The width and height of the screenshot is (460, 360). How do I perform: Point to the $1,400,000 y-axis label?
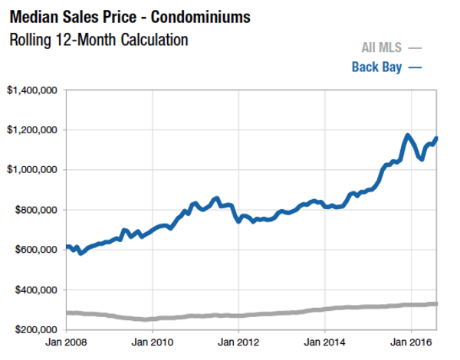coord(33,90)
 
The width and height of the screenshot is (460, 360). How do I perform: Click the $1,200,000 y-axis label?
coord(33,129)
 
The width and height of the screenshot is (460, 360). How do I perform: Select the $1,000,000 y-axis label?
coord(33,169)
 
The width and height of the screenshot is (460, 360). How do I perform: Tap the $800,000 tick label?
coord(36,209)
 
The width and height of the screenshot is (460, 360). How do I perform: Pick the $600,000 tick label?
coord(36,250)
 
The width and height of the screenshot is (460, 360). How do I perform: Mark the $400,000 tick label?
coord(36,290)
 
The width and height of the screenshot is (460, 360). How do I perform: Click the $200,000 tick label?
coord(36,330)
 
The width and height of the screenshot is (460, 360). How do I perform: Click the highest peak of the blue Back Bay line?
coord(407,136)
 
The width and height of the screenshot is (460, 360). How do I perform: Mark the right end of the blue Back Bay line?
coord(437,138)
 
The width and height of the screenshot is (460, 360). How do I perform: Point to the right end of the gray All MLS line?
coord(437,304)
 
